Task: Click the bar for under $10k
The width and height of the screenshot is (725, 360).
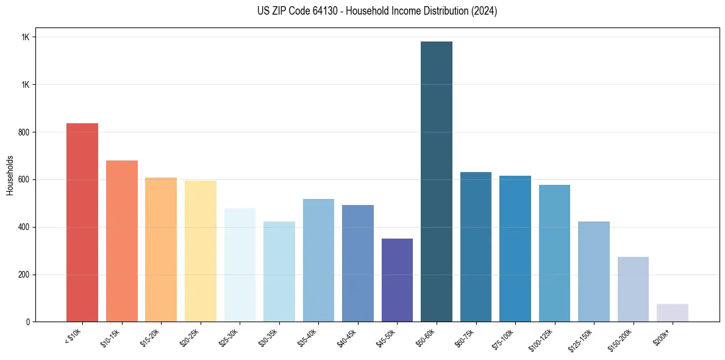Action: (82, 223)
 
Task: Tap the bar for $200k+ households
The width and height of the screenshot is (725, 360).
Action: (673, 312)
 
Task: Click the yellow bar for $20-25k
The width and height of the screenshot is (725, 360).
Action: (201, 251)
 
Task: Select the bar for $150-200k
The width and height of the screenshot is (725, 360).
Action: (633, 289)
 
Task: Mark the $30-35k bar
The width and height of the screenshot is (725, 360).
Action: (279, 272)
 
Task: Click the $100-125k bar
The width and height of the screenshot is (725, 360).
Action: (554, 253)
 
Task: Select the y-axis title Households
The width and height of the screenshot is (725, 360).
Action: (10, 175)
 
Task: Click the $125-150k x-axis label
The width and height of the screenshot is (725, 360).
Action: (584, 339)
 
